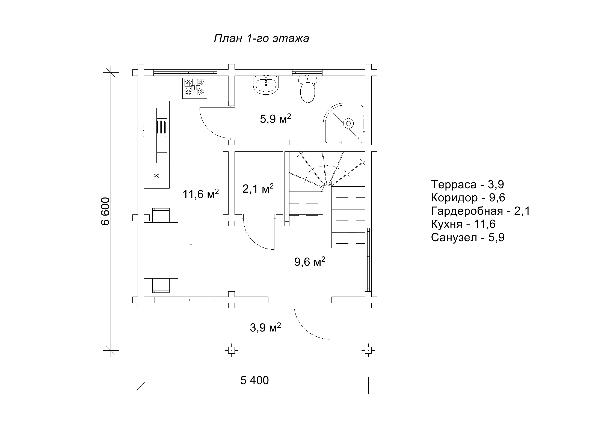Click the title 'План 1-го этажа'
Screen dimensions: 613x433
[x=261, y=38]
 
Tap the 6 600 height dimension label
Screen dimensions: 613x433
[x=105, y=211]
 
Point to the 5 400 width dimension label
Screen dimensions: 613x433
[x=254, y=380]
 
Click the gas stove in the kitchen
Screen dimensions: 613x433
[x=194, y=88]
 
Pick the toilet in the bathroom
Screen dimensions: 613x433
[x=308, y=88]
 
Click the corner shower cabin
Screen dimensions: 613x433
[x=345, y=124]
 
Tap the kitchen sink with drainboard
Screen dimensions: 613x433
[x=162, y=135]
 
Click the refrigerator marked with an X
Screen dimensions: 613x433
[x=156, y=175]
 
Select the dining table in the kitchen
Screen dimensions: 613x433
[x=161, y=250]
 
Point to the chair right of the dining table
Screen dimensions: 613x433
[x=185, y=250]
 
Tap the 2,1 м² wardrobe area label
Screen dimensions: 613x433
[x=258, y=188]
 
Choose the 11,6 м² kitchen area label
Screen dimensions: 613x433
[x=200, y=194]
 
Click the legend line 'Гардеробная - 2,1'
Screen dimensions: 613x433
[x=480, y=211]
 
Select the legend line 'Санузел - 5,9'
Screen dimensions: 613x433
[x=468, y=237]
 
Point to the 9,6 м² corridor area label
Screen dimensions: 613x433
[x=310, y=262]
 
